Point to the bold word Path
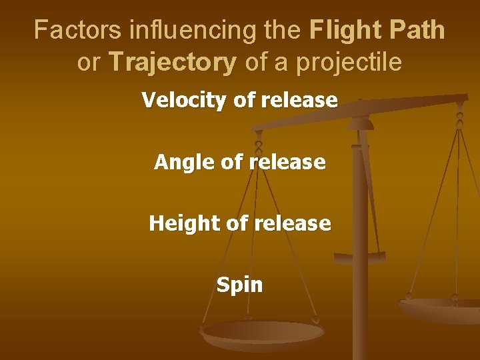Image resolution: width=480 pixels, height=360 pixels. tap(417, 30)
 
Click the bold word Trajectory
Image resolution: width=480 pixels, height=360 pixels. tap(173, 63)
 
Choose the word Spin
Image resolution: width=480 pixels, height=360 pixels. tap(239, 285)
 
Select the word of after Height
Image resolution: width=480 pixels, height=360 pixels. tap(237, 223)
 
